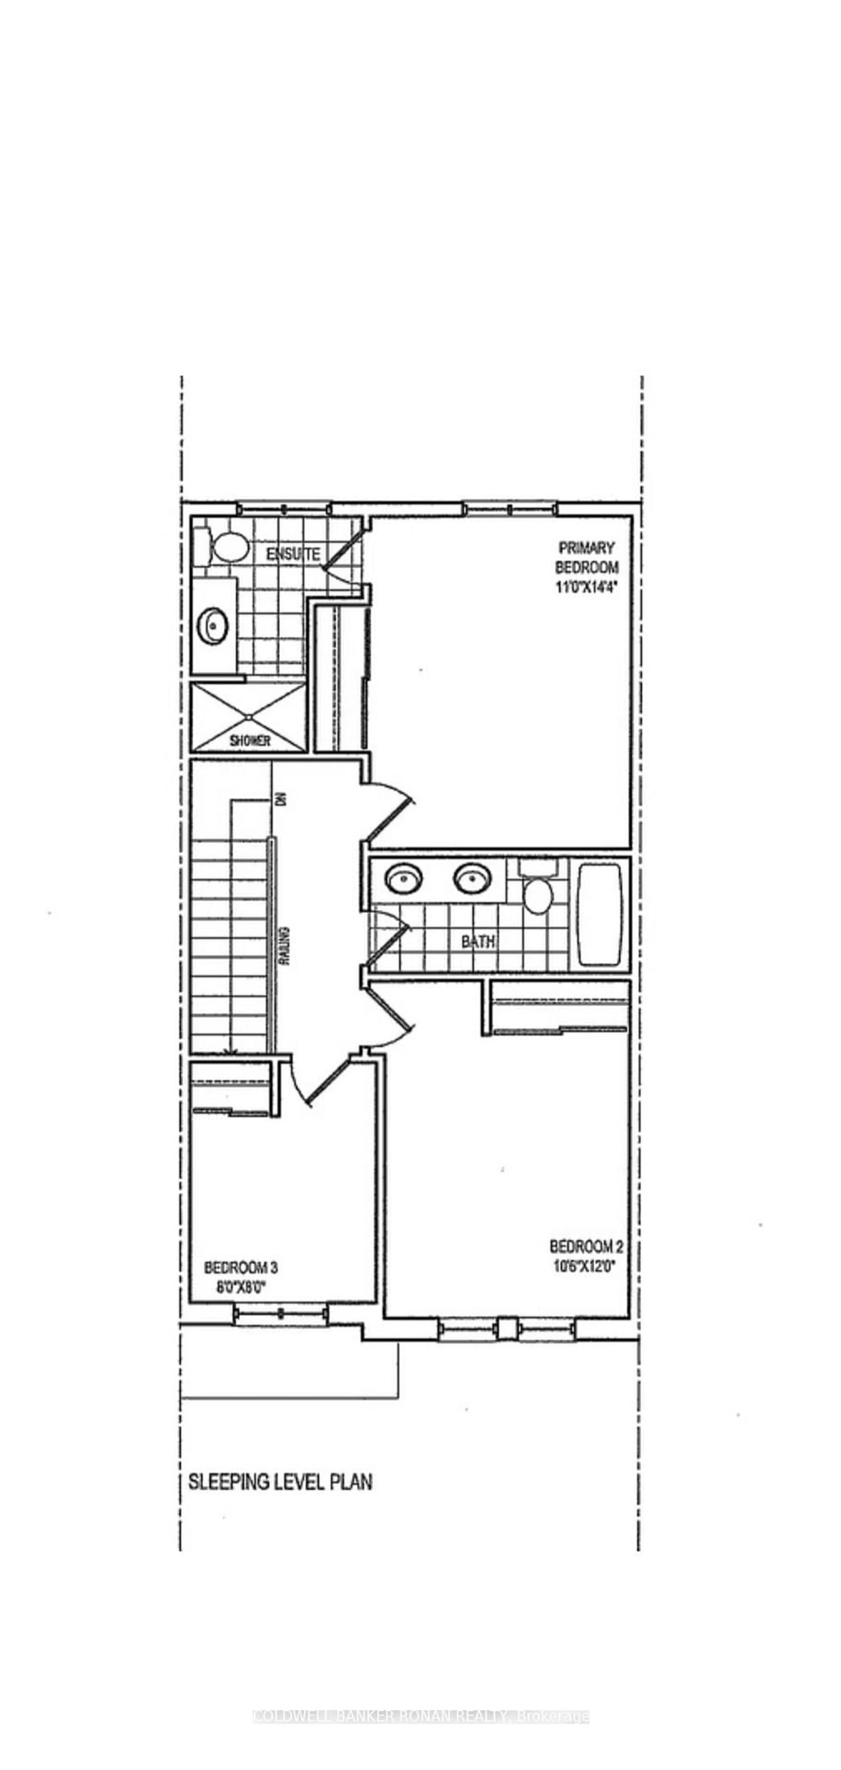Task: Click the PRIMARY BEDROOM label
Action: point(586,557)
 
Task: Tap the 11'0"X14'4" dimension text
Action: point(586,587)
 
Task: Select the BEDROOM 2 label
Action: point(586,1246)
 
